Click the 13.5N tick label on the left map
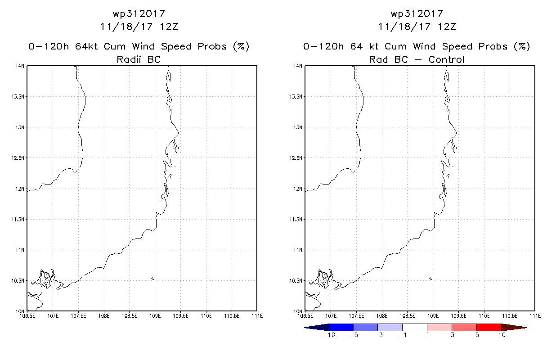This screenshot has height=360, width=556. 18,97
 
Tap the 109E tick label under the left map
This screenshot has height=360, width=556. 155,316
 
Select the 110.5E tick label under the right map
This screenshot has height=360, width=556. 510,316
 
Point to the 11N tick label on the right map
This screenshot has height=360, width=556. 298,250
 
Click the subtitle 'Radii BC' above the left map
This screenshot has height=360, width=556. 139,59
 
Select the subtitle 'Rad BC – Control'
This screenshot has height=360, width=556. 417,59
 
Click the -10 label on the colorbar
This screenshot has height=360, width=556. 329,335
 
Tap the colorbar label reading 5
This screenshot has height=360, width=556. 477,335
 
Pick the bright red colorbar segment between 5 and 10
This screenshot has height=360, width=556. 489,328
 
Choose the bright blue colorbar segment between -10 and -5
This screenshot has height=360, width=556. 341,328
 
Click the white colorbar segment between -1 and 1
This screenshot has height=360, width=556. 415,328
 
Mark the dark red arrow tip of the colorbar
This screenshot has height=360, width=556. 526,328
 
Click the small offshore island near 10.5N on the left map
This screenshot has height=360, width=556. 152,279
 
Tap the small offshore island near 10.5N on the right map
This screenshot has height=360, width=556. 430,279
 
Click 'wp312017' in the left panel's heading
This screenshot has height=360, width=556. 139,14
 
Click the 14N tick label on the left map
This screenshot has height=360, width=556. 20,66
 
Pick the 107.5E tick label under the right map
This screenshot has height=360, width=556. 356,316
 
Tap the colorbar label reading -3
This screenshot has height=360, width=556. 378,335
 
